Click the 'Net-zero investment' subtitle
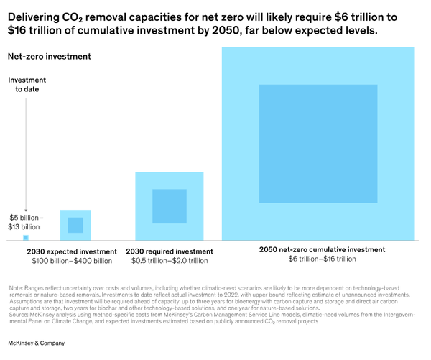click(49, 56)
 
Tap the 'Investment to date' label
click(27, 85)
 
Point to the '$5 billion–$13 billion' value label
click(26, 222)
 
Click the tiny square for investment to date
click(26, 237)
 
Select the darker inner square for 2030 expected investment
click(75, 225)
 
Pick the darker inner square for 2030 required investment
click(169, 206)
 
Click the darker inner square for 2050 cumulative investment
click(318, 143)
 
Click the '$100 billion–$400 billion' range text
click(72, 261)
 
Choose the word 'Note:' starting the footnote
click(16, 287)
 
